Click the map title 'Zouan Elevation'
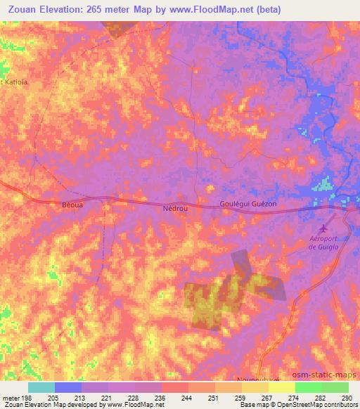point(46,9)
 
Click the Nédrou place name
point(175,209)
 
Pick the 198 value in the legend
point(27,397)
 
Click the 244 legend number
point(187,397)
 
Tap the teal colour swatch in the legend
point(41,387)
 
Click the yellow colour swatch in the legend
point(282,387)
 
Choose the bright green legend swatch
point(309,387)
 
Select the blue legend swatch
point(68,387)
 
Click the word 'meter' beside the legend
point(11,397)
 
